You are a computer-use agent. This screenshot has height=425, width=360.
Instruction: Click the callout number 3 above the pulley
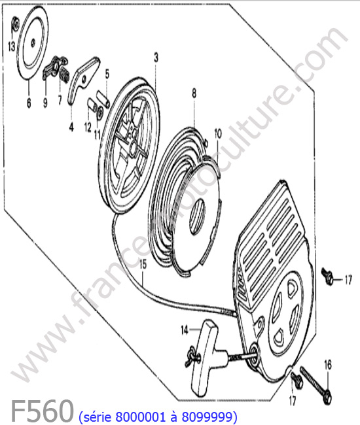tap(156, 58)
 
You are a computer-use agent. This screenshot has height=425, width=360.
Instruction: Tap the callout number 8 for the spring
tap(194, 93)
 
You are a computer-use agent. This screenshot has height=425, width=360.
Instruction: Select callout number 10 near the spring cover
tap(218, 133)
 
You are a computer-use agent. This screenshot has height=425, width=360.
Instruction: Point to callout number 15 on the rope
tap(143, 265)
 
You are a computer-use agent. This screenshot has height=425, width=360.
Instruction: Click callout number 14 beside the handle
tap(185, 330)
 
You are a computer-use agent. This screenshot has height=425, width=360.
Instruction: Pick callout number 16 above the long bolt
tap(328, 365)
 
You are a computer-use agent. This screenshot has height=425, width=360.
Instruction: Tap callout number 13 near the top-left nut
tap(11, 46)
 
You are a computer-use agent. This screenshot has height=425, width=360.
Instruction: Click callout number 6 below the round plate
tap(29, 103)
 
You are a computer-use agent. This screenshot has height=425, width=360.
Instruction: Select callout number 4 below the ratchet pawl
tap(71, 127)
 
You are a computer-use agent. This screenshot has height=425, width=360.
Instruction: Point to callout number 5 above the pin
tap(107, 74)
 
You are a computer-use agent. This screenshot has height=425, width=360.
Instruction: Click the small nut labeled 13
tap(16, 24)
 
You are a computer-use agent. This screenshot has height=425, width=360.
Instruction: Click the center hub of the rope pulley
tap(133, 147)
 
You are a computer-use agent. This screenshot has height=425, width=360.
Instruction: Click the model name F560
tap(42, 411)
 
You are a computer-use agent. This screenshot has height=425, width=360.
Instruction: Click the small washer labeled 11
tap(100, 111)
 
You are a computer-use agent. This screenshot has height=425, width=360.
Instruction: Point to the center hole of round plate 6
tap(33, 41)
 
